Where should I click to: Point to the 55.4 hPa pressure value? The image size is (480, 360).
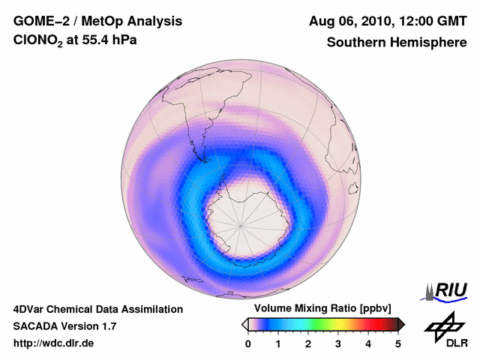point(110,42)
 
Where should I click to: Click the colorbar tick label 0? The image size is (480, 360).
point(248,343)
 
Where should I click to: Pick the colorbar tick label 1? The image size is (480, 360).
point(278,343)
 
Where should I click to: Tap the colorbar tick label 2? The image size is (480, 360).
point(308,343)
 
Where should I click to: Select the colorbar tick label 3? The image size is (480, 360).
point(338,343)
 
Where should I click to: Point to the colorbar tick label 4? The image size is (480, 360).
point(368,343)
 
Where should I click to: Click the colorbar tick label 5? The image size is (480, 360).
point(398,343)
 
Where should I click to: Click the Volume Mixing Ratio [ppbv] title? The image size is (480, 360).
point(319,308)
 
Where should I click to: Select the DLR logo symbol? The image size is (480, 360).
point(442,325)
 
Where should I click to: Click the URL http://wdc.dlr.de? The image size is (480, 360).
point(54,343)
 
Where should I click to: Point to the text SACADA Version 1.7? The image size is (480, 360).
point(64,326)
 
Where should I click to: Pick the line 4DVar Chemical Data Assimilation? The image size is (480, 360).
point(97,309)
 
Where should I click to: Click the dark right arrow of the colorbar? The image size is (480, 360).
point(401,324)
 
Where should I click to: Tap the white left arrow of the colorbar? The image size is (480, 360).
point(245,324)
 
